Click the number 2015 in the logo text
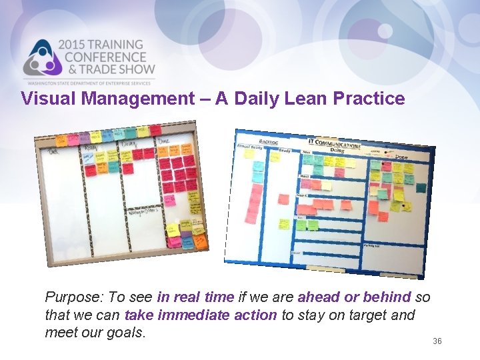[75, 45]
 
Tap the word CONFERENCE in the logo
[105, 57]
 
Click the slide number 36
[437, 341]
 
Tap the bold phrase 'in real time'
[196, 297]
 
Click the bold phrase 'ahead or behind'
[354, 297]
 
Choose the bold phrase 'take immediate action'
[200, 314]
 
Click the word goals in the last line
[125, 331]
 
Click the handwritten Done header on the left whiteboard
[164, 141]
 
